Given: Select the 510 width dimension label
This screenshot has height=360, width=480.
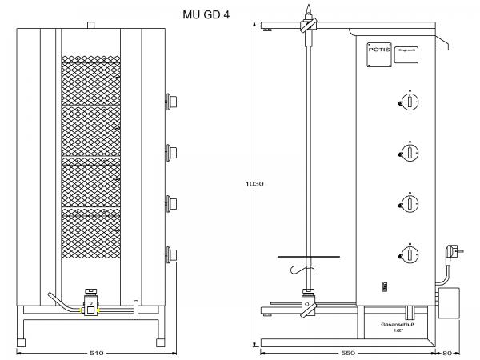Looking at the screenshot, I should pyautogui.click(x=95, y=351).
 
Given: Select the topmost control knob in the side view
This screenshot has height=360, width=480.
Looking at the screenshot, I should pyautogui.click(x=409, y=101).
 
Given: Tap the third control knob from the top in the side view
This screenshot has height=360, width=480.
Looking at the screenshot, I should pyautogui.click(x=409, y=203).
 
